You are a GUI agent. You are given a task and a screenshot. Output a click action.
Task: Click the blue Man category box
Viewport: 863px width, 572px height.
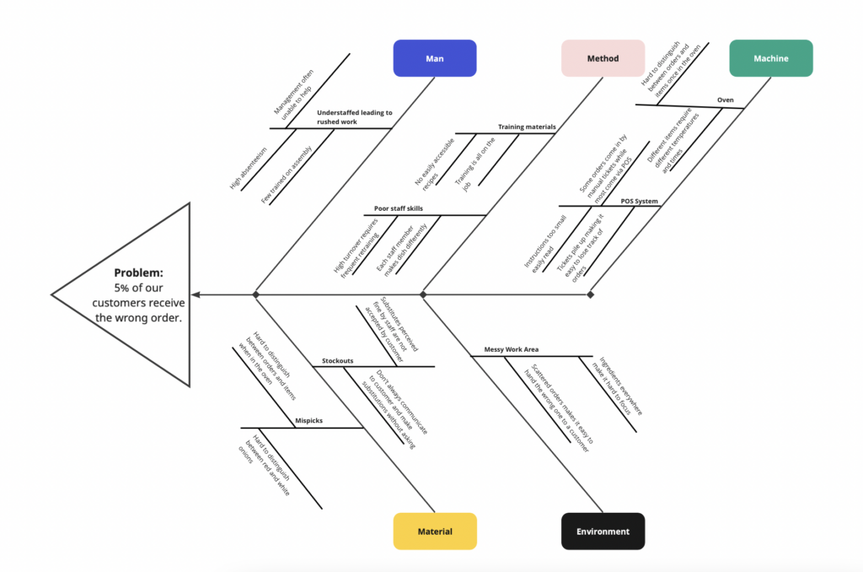click(x=435, y=58)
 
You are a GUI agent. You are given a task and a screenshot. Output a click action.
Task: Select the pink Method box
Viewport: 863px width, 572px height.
click(x=603, y=58)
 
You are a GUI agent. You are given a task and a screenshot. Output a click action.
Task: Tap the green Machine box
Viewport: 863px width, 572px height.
click(x=770, y=58)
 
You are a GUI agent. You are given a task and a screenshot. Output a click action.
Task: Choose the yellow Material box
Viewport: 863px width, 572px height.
click(x=435, y=532)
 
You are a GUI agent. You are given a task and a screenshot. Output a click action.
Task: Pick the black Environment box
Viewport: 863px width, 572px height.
click(x=603, y=532)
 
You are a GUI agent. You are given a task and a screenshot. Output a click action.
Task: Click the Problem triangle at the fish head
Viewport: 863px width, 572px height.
click(x=135, y=295)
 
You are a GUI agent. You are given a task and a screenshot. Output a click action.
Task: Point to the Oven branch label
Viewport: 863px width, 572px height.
click(x=725, y=100)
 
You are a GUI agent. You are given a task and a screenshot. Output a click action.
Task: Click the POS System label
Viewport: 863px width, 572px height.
click(x=639, y=202)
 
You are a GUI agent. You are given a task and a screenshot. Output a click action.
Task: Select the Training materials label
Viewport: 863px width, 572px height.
click(x=527, y=127)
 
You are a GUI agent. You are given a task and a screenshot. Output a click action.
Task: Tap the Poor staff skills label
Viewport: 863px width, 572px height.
click(x=399, y=208)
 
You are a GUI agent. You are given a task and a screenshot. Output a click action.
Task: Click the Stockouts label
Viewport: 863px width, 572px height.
click(x=337, y=361)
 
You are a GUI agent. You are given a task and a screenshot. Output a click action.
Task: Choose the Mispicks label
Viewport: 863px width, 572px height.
click(x=308, y=420)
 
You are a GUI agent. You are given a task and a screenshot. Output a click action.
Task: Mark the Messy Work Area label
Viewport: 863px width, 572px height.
click(x=511, y=348)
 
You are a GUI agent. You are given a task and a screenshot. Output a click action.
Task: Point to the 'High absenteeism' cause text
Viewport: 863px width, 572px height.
click(x=249, y=168)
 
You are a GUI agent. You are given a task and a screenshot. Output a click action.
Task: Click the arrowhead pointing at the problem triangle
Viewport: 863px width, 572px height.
click(x=196, y=294)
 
